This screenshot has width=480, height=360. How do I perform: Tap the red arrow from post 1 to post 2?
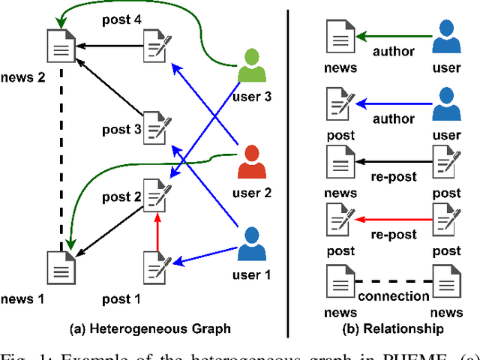tap(157, 232)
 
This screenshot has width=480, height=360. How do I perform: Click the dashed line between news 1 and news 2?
tap(61, 157)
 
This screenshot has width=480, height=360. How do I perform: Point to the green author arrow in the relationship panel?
tap(394, 34)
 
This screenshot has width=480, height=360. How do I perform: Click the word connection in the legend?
tap(394, 295)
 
